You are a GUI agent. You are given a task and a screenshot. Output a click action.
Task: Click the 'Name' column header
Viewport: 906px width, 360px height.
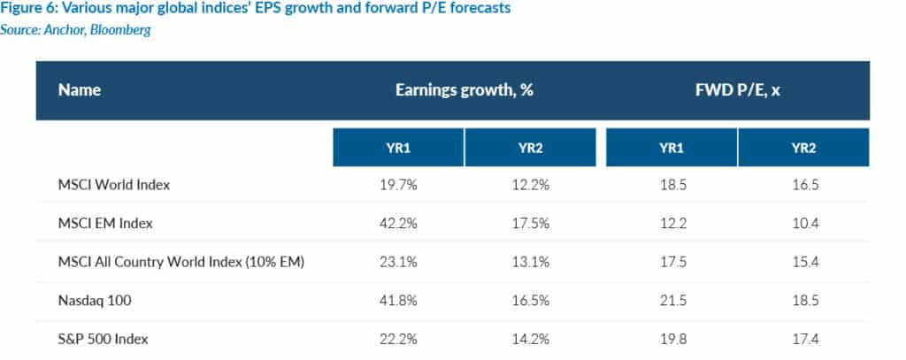point(80,90)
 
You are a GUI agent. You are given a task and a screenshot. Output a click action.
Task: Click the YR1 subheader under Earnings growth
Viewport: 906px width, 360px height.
point(398,148)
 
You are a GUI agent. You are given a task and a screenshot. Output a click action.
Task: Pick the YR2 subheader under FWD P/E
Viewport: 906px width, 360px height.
point(802,148)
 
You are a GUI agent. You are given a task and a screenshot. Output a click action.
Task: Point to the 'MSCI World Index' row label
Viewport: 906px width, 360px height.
point(113,185)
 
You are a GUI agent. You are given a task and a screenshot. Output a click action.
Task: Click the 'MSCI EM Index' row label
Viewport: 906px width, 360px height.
point(105,223)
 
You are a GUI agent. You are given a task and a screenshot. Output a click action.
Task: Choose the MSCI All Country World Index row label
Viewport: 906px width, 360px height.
point(182,262)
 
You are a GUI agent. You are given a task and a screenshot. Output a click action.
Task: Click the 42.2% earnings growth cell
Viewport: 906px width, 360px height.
point(398,223)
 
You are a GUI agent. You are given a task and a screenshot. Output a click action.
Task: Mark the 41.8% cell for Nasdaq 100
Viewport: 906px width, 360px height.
point(398,300)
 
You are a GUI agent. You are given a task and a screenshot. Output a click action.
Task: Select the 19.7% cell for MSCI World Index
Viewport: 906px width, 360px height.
point(398,185)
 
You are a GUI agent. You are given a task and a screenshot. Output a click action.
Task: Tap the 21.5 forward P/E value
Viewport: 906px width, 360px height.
point(672,300)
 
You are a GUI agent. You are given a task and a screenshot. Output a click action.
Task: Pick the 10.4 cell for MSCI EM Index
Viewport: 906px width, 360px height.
point(802,223)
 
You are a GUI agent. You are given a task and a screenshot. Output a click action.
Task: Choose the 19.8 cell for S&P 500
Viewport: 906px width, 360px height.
point(672,339)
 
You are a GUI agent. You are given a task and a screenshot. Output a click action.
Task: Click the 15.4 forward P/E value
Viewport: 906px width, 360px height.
point(802,262)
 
